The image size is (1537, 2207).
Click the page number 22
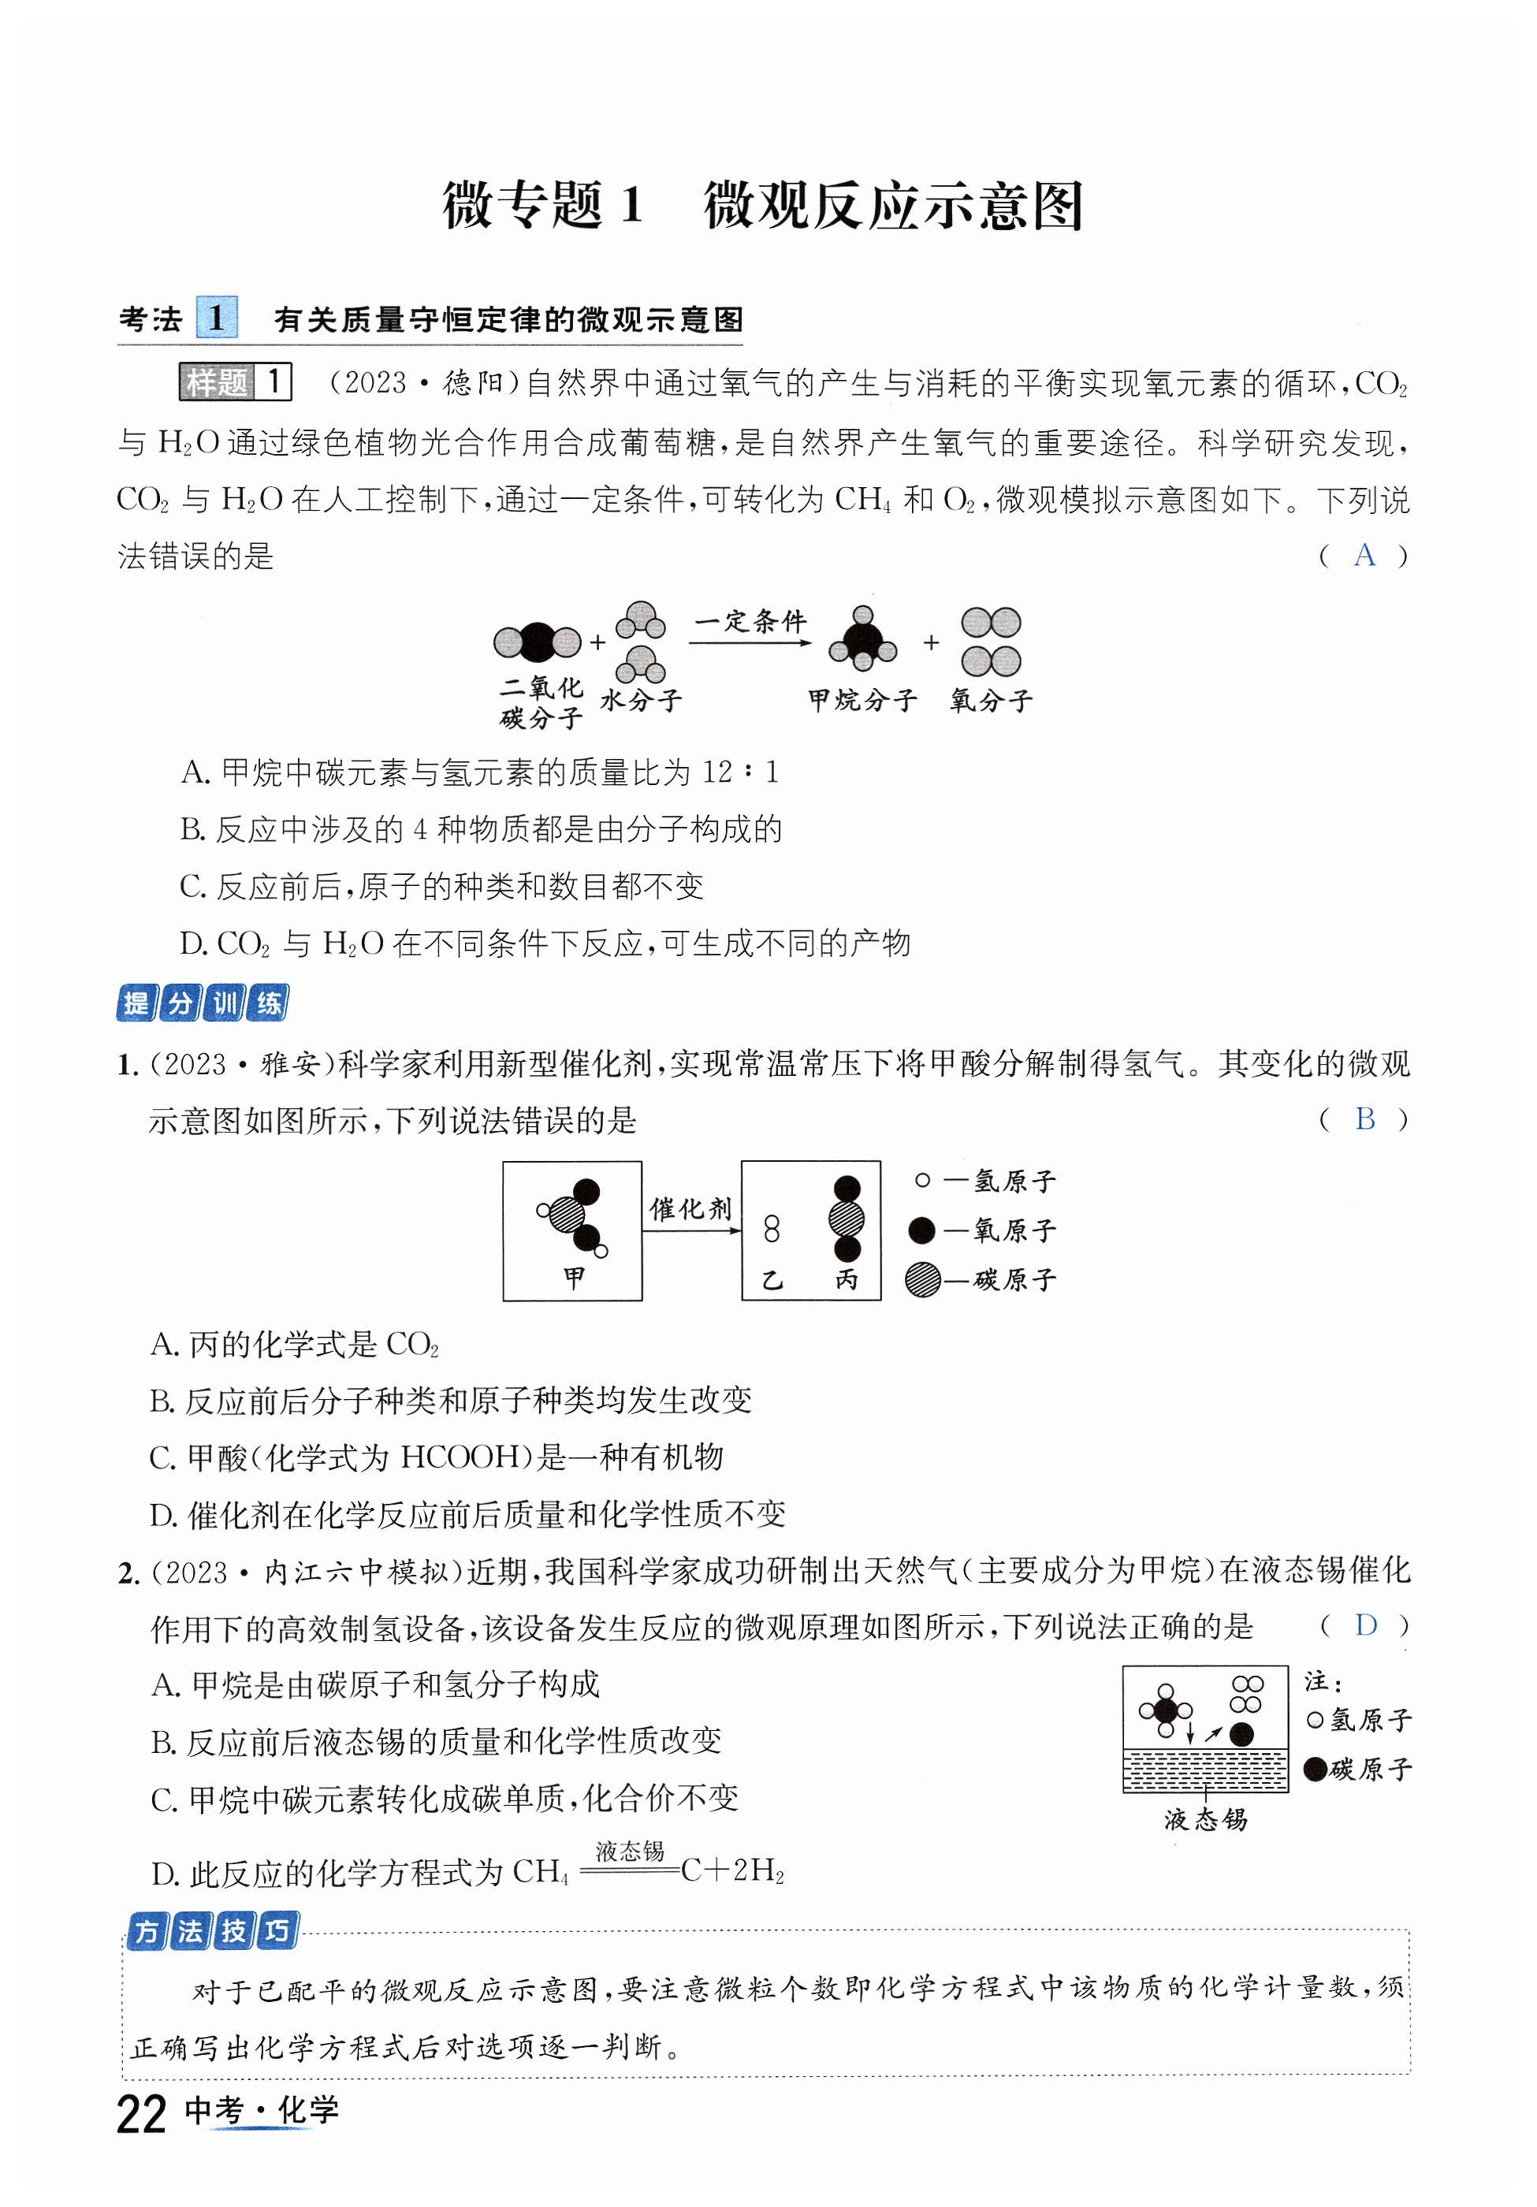(140, 2114)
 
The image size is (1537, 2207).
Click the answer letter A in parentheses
(1364, 555)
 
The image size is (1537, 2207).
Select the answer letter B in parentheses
(1364, 1119)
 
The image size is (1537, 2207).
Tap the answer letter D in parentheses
(1365, 1625)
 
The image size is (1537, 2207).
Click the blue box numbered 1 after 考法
(216, 318)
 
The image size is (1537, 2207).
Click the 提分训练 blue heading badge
(203, 1003)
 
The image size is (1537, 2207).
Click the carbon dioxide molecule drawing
(538, 642)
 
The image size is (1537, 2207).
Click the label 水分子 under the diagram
(641, 700)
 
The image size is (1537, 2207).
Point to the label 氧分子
(991, 700)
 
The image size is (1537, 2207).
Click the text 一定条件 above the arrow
(750, 621)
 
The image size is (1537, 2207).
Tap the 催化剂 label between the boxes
(690, 1208)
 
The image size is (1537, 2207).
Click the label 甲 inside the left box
(574, 1277)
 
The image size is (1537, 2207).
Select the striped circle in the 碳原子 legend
(923, 1279)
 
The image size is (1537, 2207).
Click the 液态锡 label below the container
(1205, 1820)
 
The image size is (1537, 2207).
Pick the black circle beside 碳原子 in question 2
(1315, 1769)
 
